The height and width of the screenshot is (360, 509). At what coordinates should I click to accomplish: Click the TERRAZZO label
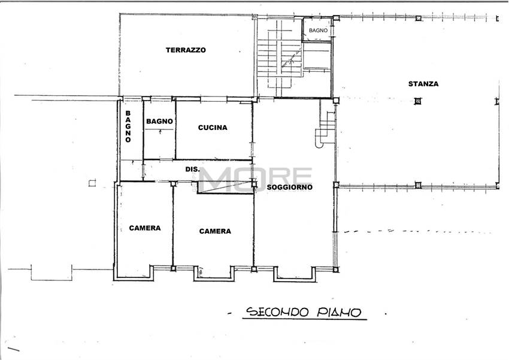coord(186,50)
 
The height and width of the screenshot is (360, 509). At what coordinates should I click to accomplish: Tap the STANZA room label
coord(423,84)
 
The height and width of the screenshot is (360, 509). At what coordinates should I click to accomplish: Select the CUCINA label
coord(213,128)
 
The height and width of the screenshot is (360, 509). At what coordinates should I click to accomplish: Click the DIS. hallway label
coord(192,170)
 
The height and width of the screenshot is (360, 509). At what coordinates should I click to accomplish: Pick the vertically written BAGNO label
coord(128,127)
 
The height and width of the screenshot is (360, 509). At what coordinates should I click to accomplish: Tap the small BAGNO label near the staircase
coord(318,29)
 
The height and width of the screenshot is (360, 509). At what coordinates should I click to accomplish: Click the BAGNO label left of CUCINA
coord(159,122)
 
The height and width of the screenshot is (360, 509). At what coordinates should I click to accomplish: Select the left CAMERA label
coord(144,228)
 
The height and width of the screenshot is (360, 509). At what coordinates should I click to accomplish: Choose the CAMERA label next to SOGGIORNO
coord(215,231)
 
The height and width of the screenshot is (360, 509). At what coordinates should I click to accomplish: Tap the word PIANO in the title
coord(340,312)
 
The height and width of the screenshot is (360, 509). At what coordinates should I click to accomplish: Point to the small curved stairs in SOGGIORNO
coord(326,129)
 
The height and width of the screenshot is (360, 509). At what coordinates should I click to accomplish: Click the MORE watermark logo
coord(255,179)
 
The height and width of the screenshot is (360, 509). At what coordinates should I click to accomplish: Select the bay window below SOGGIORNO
coord(293,274)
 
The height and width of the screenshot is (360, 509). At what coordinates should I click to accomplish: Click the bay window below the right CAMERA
coord(213,274)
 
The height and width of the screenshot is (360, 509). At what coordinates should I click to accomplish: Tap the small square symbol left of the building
coord(92,183)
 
